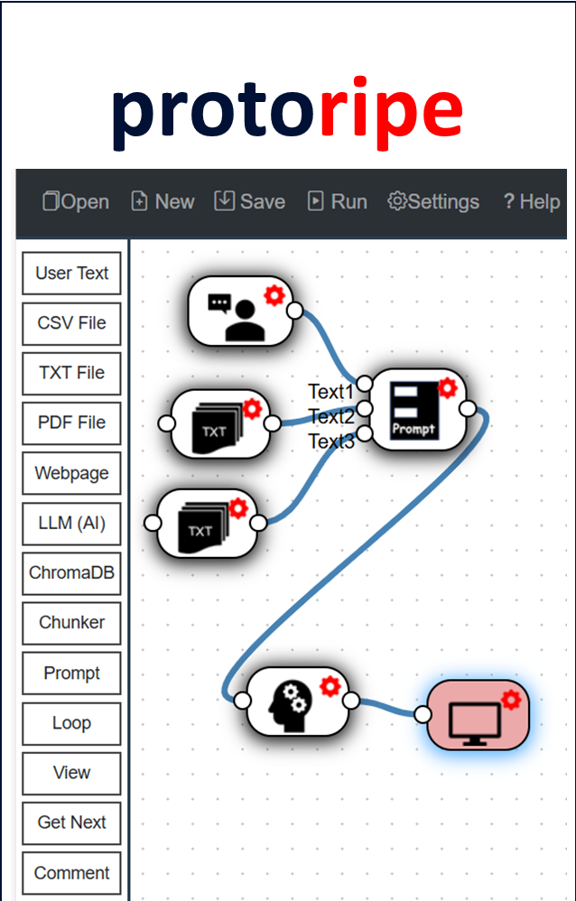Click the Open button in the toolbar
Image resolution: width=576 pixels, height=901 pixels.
pyautogui.click(x=76, y=201)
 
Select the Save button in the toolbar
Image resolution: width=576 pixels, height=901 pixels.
pyautogui.click(x=249, y=201)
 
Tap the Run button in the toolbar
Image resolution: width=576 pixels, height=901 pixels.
pyautogui.click(x=338, y=201)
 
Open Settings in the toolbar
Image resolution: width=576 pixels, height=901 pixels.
pyautogui.click(x=433, y=201)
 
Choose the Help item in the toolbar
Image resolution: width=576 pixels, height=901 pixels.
pyautogui.click(x=532, y=201)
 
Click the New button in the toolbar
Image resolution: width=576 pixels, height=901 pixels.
pyautogui.click(x=163, y=201)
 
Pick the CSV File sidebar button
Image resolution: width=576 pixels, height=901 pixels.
pyautogui.click(x=71, y=323)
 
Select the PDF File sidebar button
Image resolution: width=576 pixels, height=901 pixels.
pyautogui.click(x=71, y=423)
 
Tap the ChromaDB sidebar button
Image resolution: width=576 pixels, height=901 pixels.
pyautogui.click(x=71, y=572)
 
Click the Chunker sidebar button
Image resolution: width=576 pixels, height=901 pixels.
pyautogui.click(x=71, y=622)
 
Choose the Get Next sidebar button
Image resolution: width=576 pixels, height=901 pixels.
pyautogui.click(x=71, y=822)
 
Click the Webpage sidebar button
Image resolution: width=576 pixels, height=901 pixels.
pyautogui.click(x=71, y=473)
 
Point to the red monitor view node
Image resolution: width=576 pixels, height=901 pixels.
pyautogui.click(x=476, y=715)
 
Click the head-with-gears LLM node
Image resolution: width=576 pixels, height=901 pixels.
pyautogui.click(x=297, y=701)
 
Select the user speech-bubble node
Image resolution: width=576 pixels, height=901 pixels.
pyautogui.click(x=239, y=311)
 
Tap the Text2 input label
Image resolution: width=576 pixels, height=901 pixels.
pyautogui.click(x=331, y=416)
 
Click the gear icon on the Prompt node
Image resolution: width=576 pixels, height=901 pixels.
pyautogui.click(x=447, y=388)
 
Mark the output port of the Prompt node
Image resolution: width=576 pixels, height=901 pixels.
pyautogui.click(x=468, y=409)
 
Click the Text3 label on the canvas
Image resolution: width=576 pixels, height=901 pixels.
pyautogui.click(x=331, y=441)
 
